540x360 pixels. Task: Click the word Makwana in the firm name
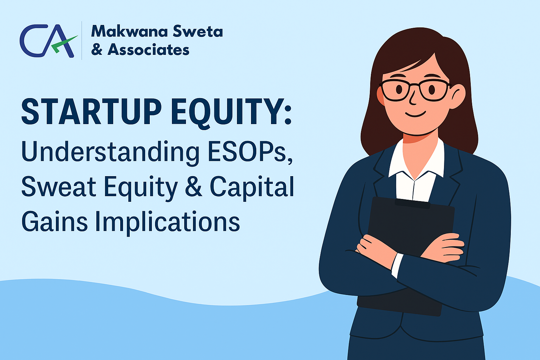coord(130,31)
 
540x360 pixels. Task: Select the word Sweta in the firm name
coord(198,31)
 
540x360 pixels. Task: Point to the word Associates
coord(148,50)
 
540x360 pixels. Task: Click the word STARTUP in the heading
coord(92,112)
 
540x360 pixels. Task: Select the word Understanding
coord(110,152)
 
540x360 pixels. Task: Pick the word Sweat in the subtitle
coord(59,186)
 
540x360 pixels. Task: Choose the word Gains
coord(54,221)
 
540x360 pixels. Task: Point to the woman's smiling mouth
coord(415,114)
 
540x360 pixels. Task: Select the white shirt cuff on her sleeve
coord(397,265)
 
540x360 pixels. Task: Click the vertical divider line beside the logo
coord(82,40)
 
